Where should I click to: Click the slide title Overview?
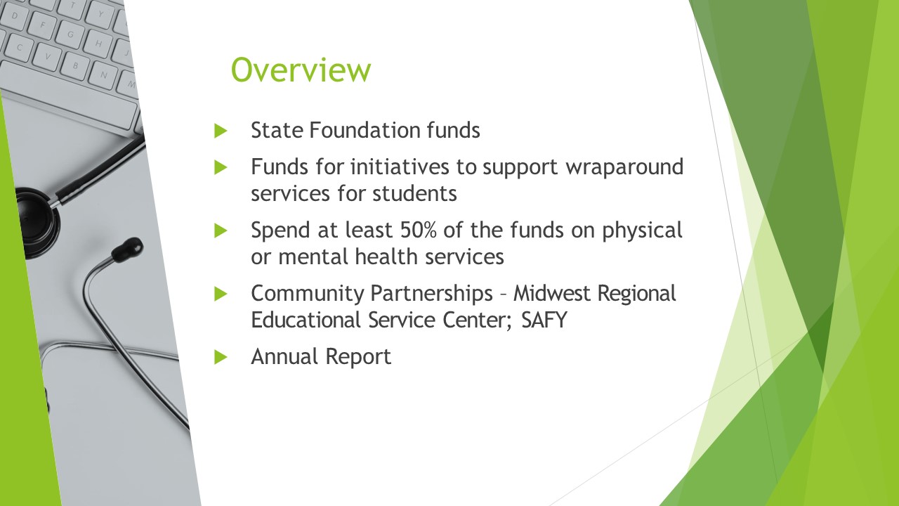coord(301,70)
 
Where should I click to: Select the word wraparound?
coord(624,167)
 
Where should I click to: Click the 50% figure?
coord(418,230)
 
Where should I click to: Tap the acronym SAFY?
coord(544,320)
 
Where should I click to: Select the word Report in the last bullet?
coord(358,356)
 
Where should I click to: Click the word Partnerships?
coord(431,294)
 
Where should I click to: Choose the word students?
coord(414,193)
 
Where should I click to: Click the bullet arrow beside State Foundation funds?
coord(221,131)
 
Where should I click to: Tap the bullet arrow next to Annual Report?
coord(221,357)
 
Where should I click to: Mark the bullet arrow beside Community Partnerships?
coord(221,294)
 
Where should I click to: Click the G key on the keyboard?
coord(71,34)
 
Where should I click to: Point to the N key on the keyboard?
coord(103,74)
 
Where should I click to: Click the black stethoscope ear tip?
coord(127,249)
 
